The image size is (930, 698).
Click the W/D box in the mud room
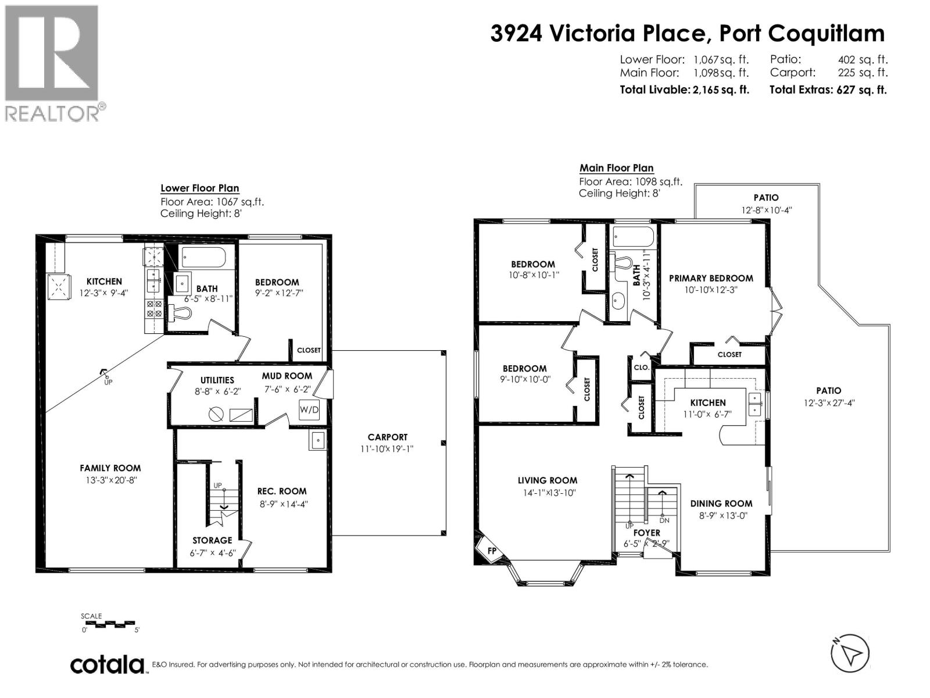pos(309,409)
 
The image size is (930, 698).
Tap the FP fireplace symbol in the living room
pos(492,550)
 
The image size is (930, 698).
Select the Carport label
pos(387,437)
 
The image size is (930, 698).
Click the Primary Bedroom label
pos(711,278)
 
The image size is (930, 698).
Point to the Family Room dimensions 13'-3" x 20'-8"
pos(110,480)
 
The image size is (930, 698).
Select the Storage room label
pos(212,540)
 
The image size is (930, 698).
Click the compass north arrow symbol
pos(850,653)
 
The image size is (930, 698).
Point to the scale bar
pos(109,624)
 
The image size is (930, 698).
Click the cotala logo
pos(108,665)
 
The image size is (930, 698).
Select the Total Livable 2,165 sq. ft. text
pos(684,90)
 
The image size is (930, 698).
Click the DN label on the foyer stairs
pos(664,521)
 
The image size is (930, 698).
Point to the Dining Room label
pos(721,504)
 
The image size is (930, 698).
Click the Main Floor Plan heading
pos(616,168)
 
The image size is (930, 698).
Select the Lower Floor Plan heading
pos(199,188)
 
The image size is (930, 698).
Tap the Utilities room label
pos(217,380)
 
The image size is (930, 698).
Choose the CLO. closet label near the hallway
pos(641,367)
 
